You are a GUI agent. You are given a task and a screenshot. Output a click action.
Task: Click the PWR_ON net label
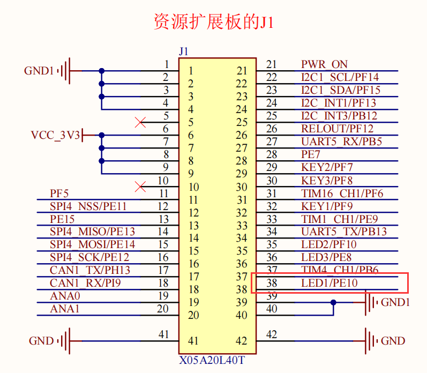coord(324,65)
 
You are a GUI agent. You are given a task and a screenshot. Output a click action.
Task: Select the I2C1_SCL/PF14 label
coord(340,78)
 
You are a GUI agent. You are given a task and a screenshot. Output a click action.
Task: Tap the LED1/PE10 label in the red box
coord(329,283)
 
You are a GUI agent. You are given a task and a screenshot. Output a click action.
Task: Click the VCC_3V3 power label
coord(55,135)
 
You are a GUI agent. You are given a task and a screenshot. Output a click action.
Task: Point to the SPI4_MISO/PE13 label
coord(92,232)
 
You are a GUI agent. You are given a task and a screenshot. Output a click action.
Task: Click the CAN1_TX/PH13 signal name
coord(89,270)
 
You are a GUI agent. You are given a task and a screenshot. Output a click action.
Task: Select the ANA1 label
coord(64,309)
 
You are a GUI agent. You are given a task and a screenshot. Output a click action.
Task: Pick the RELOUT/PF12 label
coord(337,129)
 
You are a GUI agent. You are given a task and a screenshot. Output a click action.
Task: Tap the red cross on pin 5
coord(141,123)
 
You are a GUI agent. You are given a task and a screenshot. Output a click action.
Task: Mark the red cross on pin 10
coord(141,186)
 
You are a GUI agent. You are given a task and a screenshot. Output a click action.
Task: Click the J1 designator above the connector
coord(183,52)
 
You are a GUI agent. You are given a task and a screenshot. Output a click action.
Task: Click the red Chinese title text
coord(213,22)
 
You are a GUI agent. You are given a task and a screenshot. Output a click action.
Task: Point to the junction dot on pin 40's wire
coord(333,302)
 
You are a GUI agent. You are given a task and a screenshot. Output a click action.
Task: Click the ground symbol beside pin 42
coord(370,341)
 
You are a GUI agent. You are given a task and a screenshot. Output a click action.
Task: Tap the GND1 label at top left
coord(39,71)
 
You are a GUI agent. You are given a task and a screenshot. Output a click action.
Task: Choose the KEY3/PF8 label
coord(327,181)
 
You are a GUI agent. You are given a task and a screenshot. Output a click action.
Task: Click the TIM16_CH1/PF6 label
coord(342,193)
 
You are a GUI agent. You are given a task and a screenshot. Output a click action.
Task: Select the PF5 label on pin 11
coord(59,193)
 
